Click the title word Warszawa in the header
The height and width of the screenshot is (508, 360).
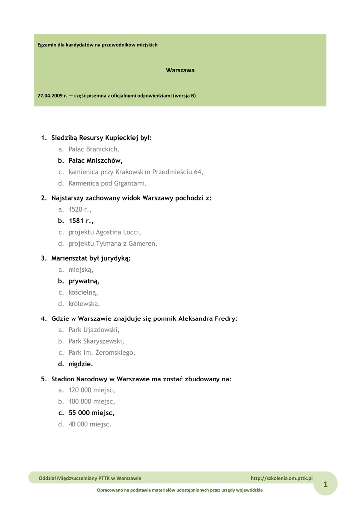180,70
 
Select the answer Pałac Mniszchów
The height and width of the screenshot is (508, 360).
95,161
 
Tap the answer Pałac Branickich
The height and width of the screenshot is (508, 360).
94,149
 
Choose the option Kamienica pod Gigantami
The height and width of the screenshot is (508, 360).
108,183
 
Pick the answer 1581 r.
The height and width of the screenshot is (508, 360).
81,221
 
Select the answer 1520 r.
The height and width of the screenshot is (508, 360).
80,210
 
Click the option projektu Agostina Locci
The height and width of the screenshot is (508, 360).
104,232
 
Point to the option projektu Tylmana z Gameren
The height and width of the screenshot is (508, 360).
113,244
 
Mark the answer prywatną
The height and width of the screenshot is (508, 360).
84,281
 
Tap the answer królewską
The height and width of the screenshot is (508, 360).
84,304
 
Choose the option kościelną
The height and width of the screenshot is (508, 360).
83,293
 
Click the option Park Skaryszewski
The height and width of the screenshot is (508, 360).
96,341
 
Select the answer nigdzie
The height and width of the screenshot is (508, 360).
80,364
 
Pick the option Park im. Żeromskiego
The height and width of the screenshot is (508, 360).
101,353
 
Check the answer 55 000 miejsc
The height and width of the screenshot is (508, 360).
91,413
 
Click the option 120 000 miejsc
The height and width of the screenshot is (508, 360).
91,390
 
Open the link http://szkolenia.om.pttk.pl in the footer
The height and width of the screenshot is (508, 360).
282,478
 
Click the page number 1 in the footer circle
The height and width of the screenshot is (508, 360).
326,485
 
